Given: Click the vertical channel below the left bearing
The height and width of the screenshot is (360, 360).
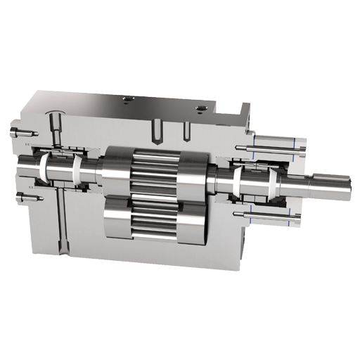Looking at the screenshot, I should (x=63, y=225).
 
